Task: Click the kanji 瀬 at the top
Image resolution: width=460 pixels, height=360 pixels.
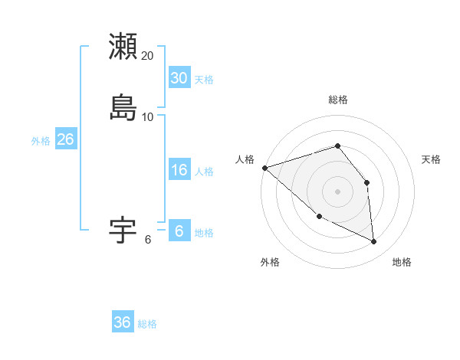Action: click(123, 47)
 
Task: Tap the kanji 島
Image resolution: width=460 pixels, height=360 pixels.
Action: click(123, 106)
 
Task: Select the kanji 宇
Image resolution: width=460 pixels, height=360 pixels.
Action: click(123, 229)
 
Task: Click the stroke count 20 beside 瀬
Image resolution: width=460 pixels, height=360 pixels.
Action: click(148, 56)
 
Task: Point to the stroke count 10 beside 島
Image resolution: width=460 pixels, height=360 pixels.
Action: click(148, 116)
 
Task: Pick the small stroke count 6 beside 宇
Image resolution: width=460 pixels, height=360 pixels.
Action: click(148, 239)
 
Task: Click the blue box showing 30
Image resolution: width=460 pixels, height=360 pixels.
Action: click(179, 78)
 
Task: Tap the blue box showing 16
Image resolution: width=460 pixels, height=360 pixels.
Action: click(179, 170)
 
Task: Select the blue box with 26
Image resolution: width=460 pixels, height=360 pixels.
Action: click(65, 139)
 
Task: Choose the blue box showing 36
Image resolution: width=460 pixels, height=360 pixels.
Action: click(123, 322)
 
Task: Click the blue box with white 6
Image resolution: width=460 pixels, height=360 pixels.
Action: click(179, 231)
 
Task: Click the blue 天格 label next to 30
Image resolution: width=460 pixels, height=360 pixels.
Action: click(204, 80)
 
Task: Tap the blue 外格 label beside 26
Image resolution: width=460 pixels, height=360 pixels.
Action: click(41, 141)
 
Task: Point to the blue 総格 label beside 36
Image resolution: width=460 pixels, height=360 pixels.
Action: click(147, 324)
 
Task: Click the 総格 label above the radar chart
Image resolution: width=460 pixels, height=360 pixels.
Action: click(338, 100)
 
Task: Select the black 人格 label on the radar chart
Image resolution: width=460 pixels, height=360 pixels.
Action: click(245, 159)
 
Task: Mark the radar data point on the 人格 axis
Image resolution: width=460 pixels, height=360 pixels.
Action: click(264, 168)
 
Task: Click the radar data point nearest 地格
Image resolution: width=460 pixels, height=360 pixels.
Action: click(374, 242)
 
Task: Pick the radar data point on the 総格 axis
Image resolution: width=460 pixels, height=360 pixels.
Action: click(338, 146)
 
